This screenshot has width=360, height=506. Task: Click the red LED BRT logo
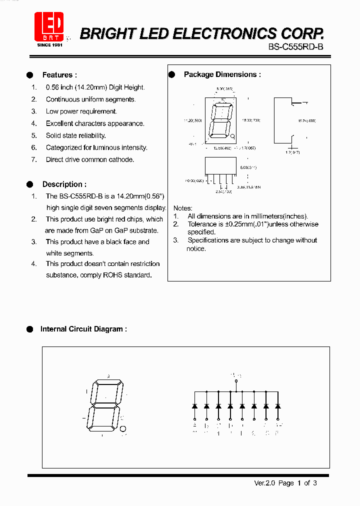[x=48, y=26]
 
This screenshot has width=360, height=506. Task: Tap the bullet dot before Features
[x=30, y=75]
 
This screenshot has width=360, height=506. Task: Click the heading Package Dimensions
[x=222, y=74]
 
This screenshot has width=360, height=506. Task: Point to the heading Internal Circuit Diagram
[x=83, y=329]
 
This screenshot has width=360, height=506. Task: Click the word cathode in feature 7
[x=121, y=159]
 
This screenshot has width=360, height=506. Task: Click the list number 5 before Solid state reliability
[x=34, y=135]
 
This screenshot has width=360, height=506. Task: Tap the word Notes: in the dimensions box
[x=183, y=208]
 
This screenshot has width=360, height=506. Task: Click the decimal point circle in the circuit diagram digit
[x=124, y=428]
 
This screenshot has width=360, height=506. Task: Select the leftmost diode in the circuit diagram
[x=194, y=406]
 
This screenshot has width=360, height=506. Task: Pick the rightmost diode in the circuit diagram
[x=277, y=406]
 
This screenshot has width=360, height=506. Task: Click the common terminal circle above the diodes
[x=236, y=382]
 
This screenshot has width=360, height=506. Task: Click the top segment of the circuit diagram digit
[x=108, y=384]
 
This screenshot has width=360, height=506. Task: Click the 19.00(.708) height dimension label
[x=250, y=120]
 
